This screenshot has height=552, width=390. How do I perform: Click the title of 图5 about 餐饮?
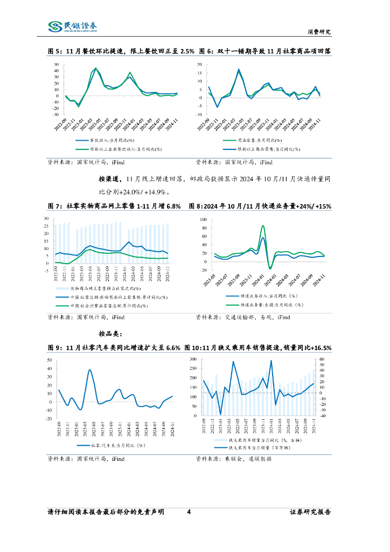(x=121, y=51)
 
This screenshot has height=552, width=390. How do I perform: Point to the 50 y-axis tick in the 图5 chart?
(x=55, y=65)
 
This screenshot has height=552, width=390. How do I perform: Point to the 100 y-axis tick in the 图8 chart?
(x=203, y=220)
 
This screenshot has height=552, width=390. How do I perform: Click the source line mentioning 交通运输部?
(x=242, y=318)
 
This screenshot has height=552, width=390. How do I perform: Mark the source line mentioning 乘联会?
(x=234, y=459)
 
